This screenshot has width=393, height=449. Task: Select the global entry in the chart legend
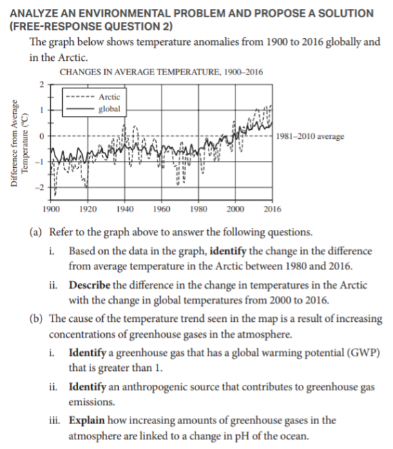pyautogui.click(x=110, y=108)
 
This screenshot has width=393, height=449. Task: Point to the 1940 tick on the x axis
pyautogui.click(x=125, y=209)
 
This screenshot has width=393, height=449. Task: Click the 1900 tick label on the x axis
pyautogui.click(x=50, y=209)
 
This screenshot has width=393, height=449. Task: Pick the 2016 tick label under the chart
pyautogui.click(x=273, y=209)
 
